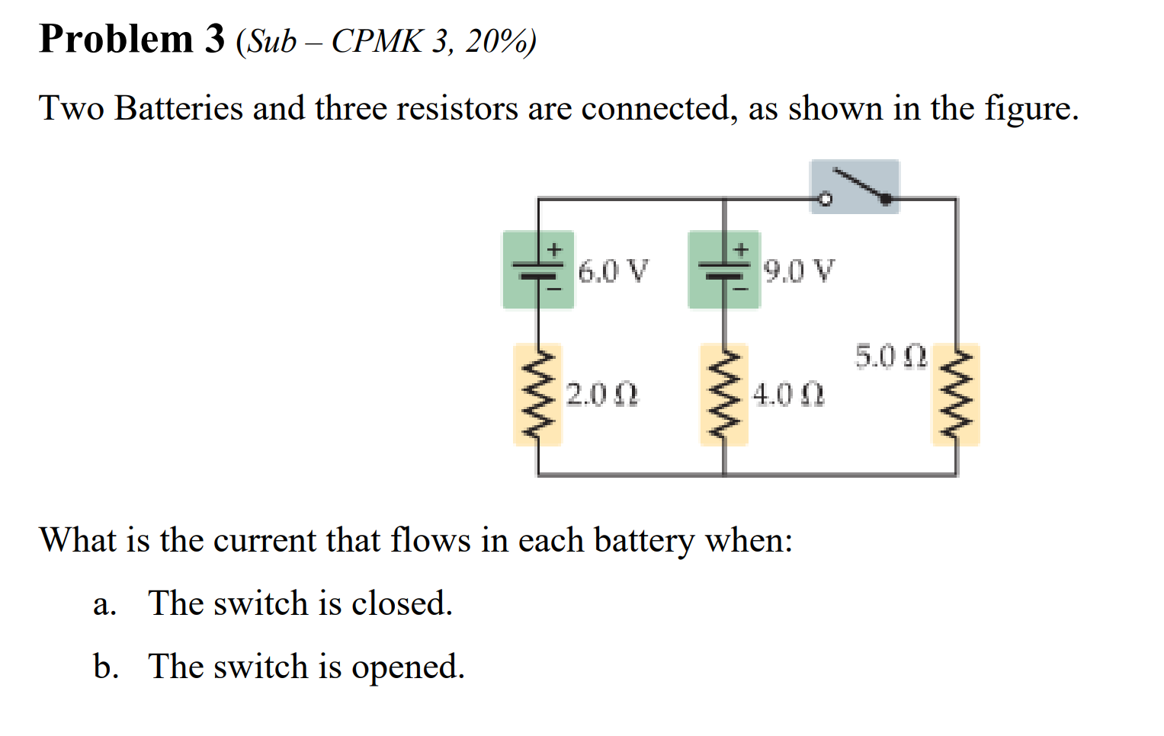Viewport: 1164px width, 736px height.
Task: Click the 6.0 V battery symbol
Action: (x=538, y=270)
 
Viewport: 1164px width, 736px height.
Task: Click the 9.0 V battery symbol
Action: (x=724, y=270)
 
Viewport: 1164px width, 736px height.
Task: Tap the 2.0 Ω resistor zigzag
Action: (x=538, y=395)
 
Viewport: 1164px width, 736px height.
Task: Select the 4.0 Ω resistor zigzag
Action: (x=724, y=395)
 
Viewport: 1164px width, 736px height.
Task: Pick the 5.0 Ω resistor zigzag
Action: (x=956, y=395)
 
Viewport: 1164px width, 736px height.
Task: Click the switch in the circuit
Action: (x=855, y=187)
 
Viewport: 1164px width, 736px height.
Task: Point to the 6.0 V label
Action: (x=613, y=271)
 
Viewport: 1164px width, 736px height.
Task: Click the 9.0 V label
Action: (x=799, y=271)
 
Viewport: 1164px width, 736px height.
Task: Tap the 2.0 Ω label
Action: (x=602, y=395)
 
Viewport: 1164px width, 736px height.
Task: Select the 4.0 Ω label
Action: (x=788, y=395)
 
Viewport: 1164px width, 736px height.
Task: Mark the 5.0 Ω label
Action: (x=890, y=357)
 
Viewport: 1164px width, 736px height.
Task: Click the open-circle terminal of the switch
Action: (x=824, y=200)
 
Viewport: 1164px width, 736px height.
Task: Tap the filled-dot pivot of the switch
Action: (x=886, y=199)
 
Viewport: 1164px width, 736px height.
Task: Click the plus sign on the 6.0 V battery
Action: (x=555, y=249)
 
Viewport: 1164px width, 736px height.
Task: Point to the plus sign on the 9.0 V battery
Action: (x=741, y=249)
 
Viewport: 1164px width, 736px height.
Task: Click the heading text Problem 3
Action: (x=132, y=40)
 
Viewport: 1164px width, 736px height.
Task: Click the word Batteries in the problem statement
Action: (x=178, y=108)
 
